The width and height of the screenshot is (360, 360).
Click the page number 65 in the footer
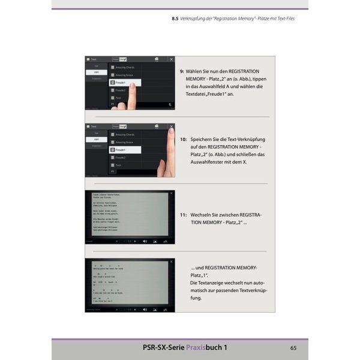293,347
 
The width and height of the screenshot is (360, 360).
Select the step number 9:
182,70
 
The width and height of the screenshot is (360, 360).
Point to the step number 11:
184,214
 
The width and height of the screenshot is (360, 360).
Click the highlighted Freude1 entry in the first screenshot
124,82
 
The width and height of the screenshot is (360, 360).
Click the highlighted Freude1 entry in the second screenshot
124,149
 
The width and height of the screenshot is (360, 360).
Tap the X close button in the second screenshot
171,127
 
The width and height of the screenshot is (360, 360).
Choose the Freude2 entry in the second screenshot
122,157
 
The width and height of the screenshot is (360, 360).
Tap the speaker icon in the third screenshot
145,241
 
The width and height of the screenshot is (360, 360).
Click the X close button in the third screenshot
171,194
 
